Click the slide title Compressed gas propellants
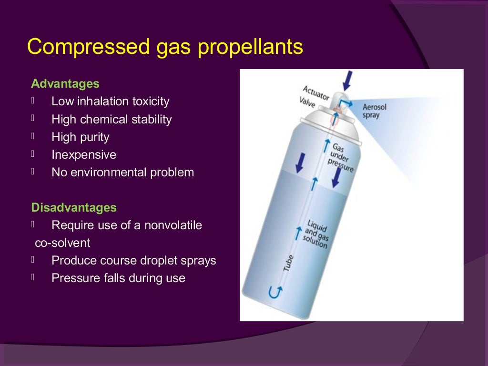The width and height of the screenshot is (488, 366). (165, 48)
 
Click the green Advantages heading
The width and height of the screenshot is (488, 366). (65, 84)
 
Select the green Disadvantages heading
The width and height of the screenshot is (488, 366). (74, 208)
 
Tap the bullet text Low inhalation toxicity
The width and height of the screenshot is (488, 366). (111, 102)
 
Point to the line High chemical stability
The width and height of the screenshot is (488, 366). (112, 119)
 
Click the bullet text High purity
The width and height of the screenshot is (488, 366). (81, 137)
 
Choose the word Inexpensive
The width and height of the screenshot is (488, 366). (84, 155)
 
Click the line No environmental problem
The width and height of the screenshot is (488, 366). (123, 173)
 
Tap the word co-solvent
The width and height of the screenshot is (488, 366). (62, 243)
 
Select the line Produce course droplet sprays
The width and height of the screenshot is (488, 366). (134, 261)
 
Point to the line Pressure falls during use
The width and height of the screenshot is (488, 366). (118, 278)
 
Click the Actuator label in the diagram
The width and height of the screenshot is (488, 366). (316, 93)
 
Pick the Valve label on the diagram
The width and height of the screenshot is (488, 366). (307, 102)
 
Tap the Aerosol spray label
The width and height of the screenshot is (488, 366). (374, 111)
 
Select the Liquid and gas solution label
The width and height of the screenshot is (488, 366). (316, 234)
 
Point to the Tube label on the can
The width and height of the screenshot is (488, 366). (288, 263)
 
